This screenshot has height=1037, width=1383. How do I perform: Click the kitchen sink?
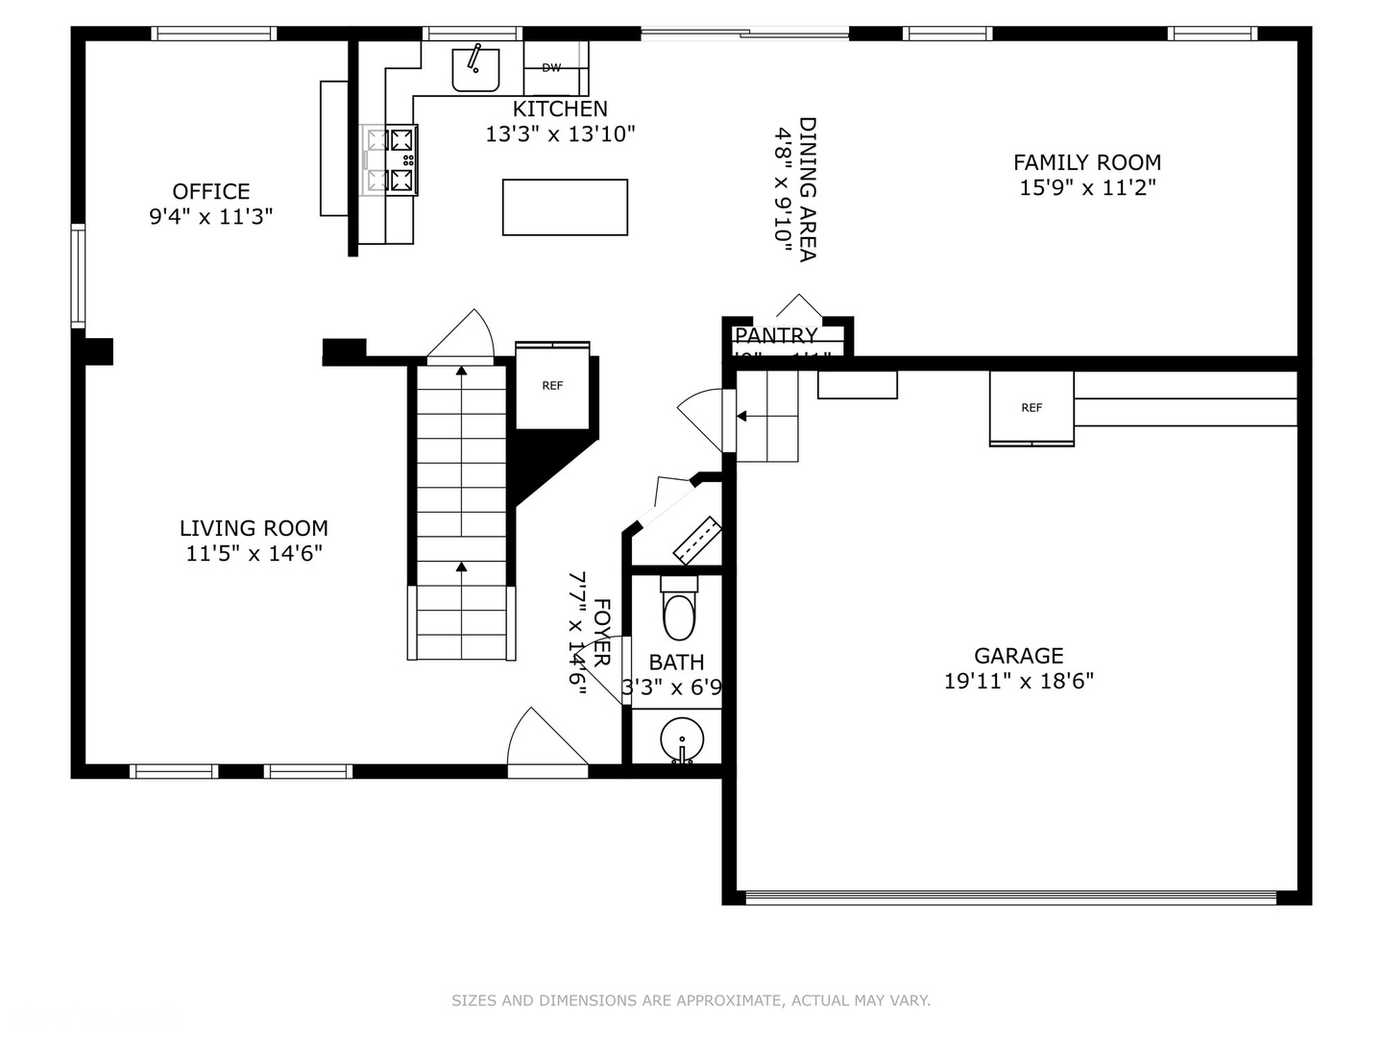click(x=475, y=68)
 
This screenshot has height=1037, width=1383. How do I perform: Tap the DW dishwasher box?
click(x=551, y=68)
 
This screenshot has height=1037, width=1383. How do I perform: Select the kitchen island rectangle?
click(x=565, y=206)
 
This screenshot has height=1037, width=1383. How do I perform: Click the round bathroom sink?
click(x=682, y=739)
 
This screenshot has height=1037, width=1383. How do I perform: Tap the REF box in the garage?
click(x=1031, y=408)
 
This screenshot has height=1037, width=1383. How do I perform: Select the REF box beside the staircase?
click(x=552, y=386)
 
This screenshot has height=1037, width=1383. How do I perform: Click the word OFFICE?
click(x=211, y=191)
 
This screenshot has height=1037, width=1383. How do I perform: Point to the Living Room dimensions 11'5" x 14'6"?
click(x=255, y=553)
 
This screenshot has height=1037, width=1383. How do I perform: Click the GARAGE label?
click(x=1019, y=656)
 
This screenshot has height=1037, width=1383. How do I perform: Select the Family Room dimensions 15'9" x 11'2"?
click(x=1087, y=187)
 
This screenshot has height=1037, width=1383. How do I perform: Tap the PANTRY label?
click(x=776, y=335)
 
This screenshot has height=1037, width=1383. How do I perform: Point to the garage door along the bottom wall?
click(x=1011, y=898)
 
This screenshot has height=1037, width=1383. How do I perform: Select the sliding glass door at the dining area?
click(x=744, y=34)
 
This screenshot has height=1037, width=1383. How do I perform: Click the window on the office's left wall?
click(x=79, y=276)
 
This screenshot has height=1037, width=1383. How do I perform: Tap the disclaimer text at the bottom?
click(x=691, y=1001)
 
